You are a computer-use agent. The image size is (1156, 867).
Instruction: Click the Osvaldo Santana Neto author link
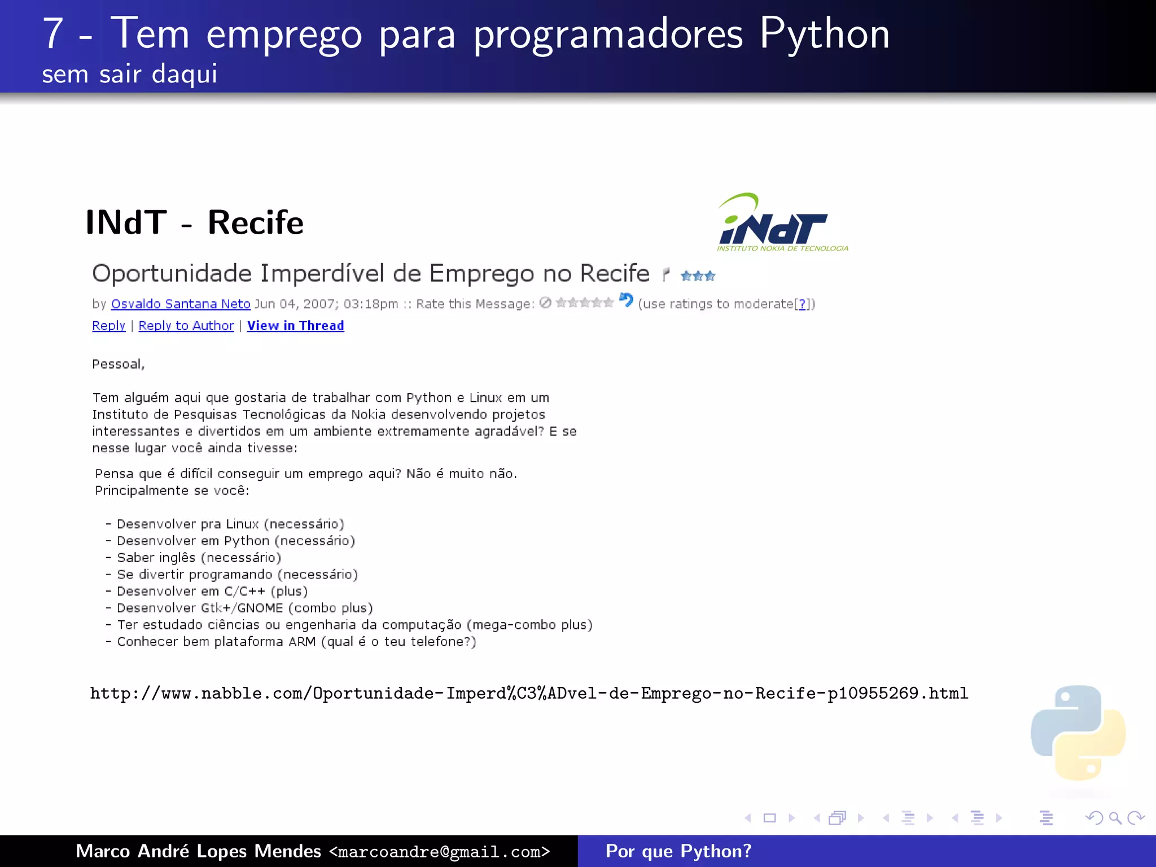point(181,304)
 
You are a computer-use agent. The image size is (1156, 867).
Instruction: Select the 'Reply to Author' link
point(186,326)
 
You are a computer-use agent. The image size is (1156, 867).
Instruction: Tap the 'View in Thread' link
point(295,326)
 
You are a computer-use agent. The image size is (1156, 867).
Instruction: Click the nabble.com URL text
point(529,693)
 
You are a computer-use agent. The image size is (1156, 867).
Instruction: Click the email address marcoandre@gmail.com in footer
point(440,851)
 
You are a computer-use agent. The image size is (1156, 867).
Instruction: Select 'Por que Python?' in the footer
point(678,851)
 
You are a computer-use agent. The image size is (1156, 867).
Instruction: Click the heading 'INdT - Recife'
point(194,222)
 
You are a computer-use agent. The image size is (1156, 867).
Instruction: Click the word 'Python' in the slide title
point(824,34)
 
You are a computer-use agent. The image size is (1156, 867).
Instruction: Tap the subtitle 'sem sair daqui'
point(129,74)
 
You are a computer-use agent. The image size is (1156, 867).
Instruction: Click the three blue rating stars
point(698,276)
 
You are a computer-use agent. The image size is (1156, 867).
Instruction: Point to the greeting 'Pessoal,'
point(119,364)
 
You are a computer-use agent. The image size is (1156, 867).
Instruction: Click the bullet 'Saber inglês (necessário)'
point(199,558)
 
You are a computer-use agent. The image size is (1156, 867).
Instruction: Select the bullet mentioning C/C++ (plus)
point(212,591)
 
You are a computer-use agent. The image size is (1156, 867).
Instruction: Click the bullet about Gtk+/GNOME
point(244,608)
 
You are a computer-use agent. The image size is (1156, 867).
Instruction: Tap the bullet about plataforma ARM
point(296,642)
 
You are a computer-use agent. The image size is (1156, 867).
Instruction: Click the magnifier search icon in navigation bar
point(1115,818)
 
